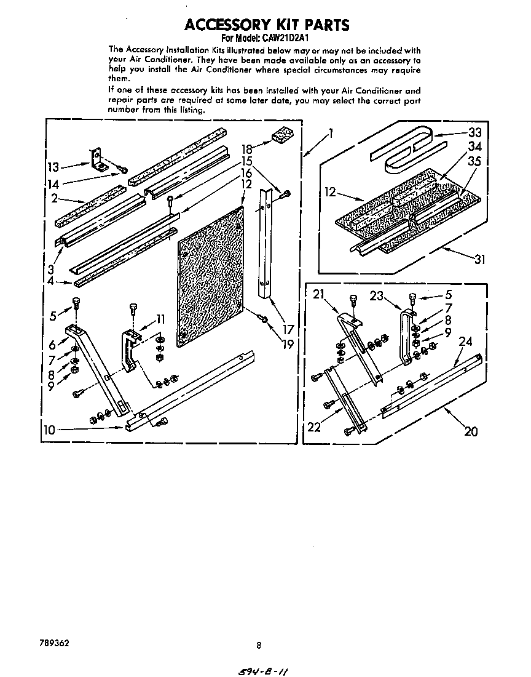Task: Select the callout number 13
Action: (53, 166)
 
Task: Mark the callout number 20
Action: (470, 431)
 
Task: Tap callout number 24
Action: (465, 342)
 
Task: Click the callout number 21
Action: (318, 295)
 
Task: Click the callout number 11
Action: (160, 319)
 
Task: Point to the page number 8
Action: (259, 646)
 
